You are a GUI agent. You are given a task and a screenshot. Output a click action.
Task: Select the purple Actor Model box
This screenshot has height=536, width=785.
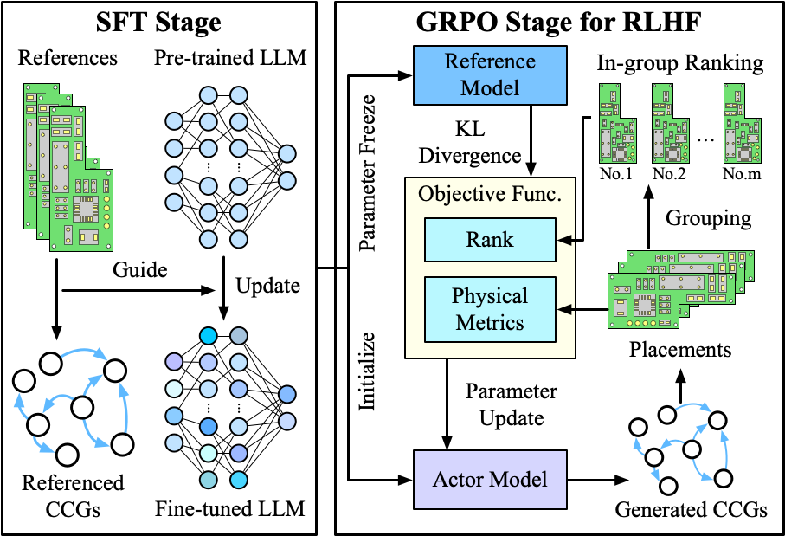490,478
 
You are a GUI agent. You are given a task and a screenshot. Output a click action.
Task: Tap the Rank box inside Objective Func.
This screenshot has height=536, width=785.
490,240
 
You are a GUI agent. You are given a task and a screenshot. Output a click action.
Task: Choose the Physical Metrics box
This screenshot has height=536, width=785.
490,308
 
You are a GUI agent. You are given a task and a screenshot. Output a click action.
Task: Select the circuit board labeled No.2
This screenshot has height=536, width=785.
669,125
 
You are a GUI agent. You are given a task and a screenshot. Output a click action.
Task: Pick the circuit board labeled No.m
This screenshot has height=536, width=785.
743,125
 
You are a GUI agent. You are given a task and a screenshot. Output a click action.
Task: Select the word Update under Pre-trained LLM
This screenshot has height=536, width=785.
268,285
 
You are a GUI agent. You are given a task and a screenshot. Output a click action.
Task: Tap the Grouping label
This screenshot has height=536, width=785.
707,218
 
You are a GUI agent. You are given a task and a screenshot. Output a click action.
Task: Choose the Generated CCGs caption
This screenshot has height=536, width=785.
691,509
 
